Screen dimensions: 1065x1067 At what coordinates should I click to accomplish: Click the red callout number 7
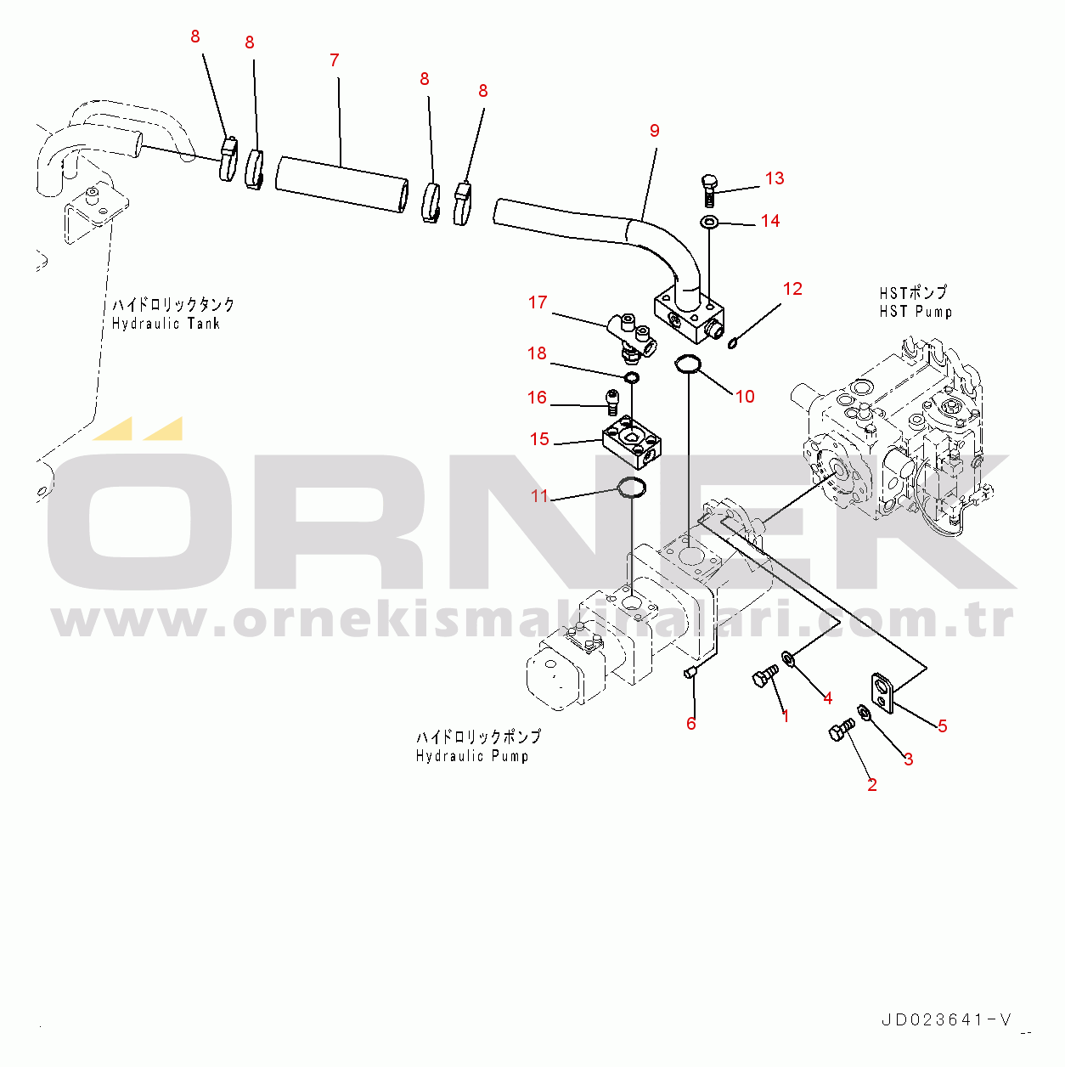[x=334, y=60]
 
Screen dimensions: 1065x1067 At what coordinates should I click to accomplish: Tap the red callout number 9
[x=655, y=131]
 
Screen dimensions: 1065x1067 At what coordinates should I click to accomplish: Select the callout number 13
[x=775, y=178]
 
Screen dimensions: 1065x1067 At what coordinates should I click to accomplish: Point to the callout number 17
[x=538, y=302]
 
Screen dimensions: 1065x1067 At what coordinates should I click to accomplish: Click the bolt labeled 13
[x=708, y=190]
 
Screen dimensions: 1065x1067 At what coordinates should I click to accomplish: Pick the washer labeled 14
[x=709, y=223]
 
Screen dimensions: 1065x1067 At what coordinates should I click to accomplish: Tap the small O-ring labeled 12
[x=732, y=345]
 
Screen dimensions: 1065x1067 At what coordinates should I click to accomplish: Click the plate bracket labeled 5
[x=882, y=692]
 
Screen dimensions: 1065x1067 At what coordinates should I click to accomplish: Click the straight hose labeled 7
[x=341, y=184]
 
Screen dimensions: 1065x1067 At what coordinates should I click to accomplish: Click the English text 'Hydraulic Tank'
[x=166, y=324]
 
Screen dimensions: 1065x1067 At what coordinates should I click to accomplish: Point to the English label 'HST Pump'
[x=916, y=312]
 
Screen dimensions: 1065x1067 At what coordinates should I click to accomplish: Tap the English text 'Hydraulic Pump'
[x=472, y=756]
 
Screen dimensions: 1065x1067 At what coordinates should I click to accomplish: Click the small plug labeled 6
[x=690, y=673]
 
